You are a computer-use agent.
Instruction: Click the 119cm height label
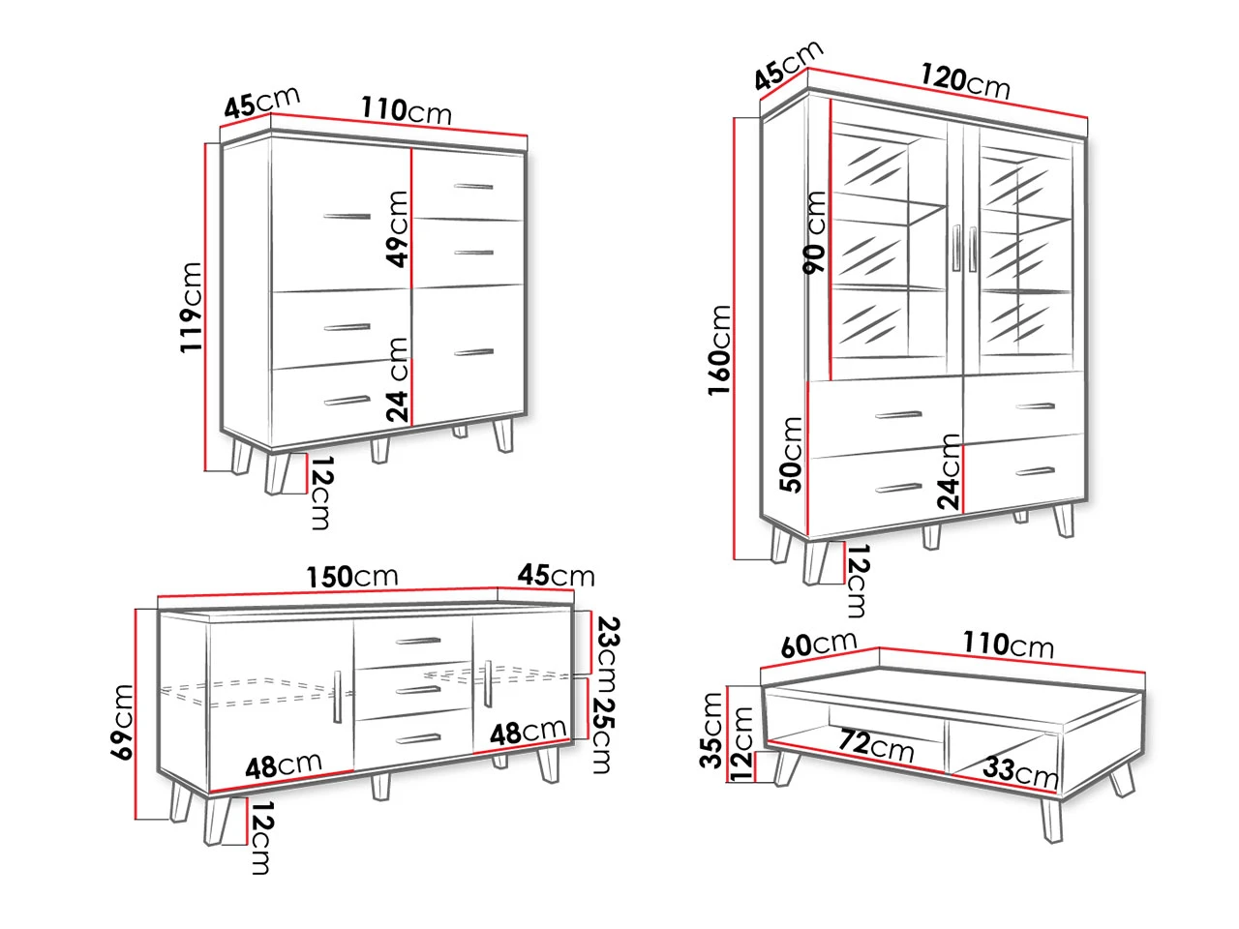(192, 308)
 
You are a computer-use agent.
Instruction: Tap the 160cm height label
(720, 350)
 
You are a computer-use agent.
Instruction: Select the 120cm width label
(964, 81)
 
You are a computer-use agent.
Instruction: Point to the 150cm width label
(352, 577)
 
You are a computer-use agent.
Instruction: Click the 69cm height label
(123, 722)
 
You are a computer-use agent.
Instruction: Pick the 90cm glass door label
(814, 232)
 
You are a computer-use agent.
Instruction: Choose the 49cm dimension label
(397, 228)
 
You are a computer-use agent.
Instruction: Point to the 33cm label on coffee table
(1020, 771)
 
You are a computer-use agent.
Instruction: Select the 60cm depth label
(819, 644)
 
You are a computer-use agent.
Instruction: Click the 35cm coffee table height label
(711, 730)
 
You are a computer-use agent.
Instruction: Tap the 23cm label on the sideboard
(607, 654)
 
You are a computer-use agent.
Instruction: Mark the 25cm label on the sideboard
(605, 734)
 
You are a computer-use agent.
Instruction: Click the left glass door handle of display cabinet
(955, 248)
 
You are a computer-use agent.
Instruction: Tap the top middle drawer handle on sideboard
(418, 641)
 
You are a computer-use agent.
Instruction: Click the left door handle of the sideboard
(338, 696)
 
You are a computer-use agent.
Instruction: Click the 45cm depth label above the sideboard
(557, 576)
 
